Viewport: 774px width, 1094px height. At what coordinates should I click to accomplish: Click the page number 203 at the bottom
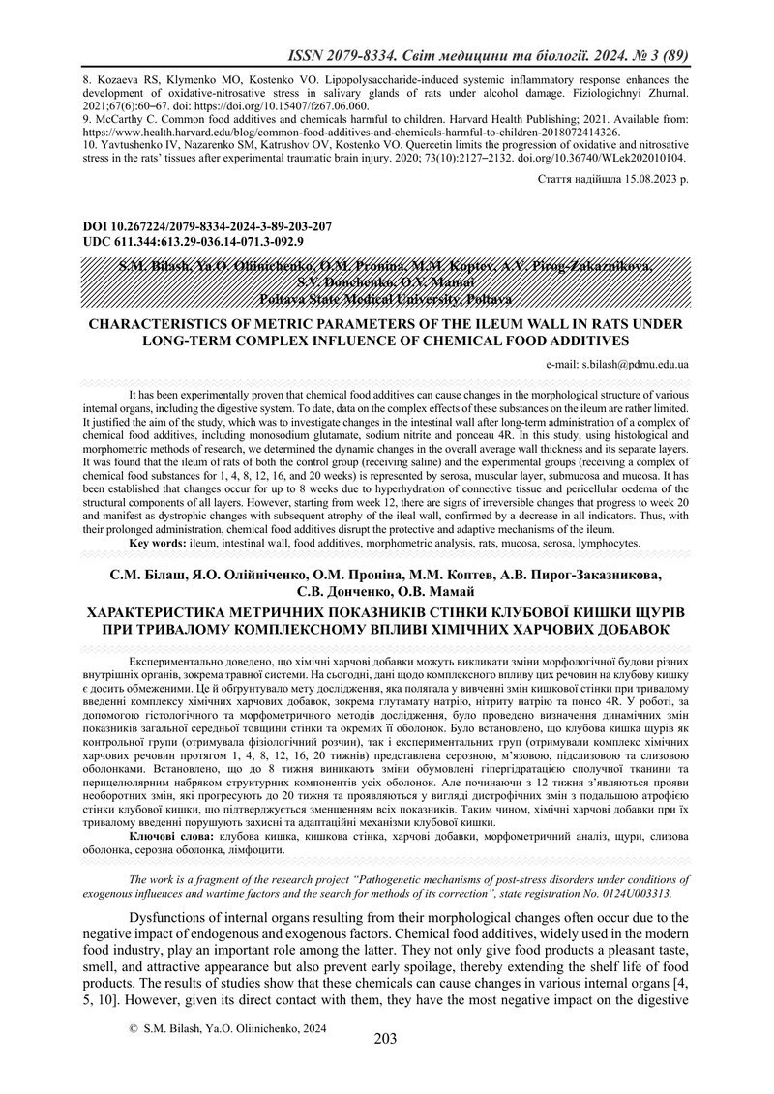click(386, 1066)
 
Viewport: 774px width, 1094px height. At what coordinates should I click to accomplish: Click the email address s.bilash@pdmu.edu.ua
click(635, 365)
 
